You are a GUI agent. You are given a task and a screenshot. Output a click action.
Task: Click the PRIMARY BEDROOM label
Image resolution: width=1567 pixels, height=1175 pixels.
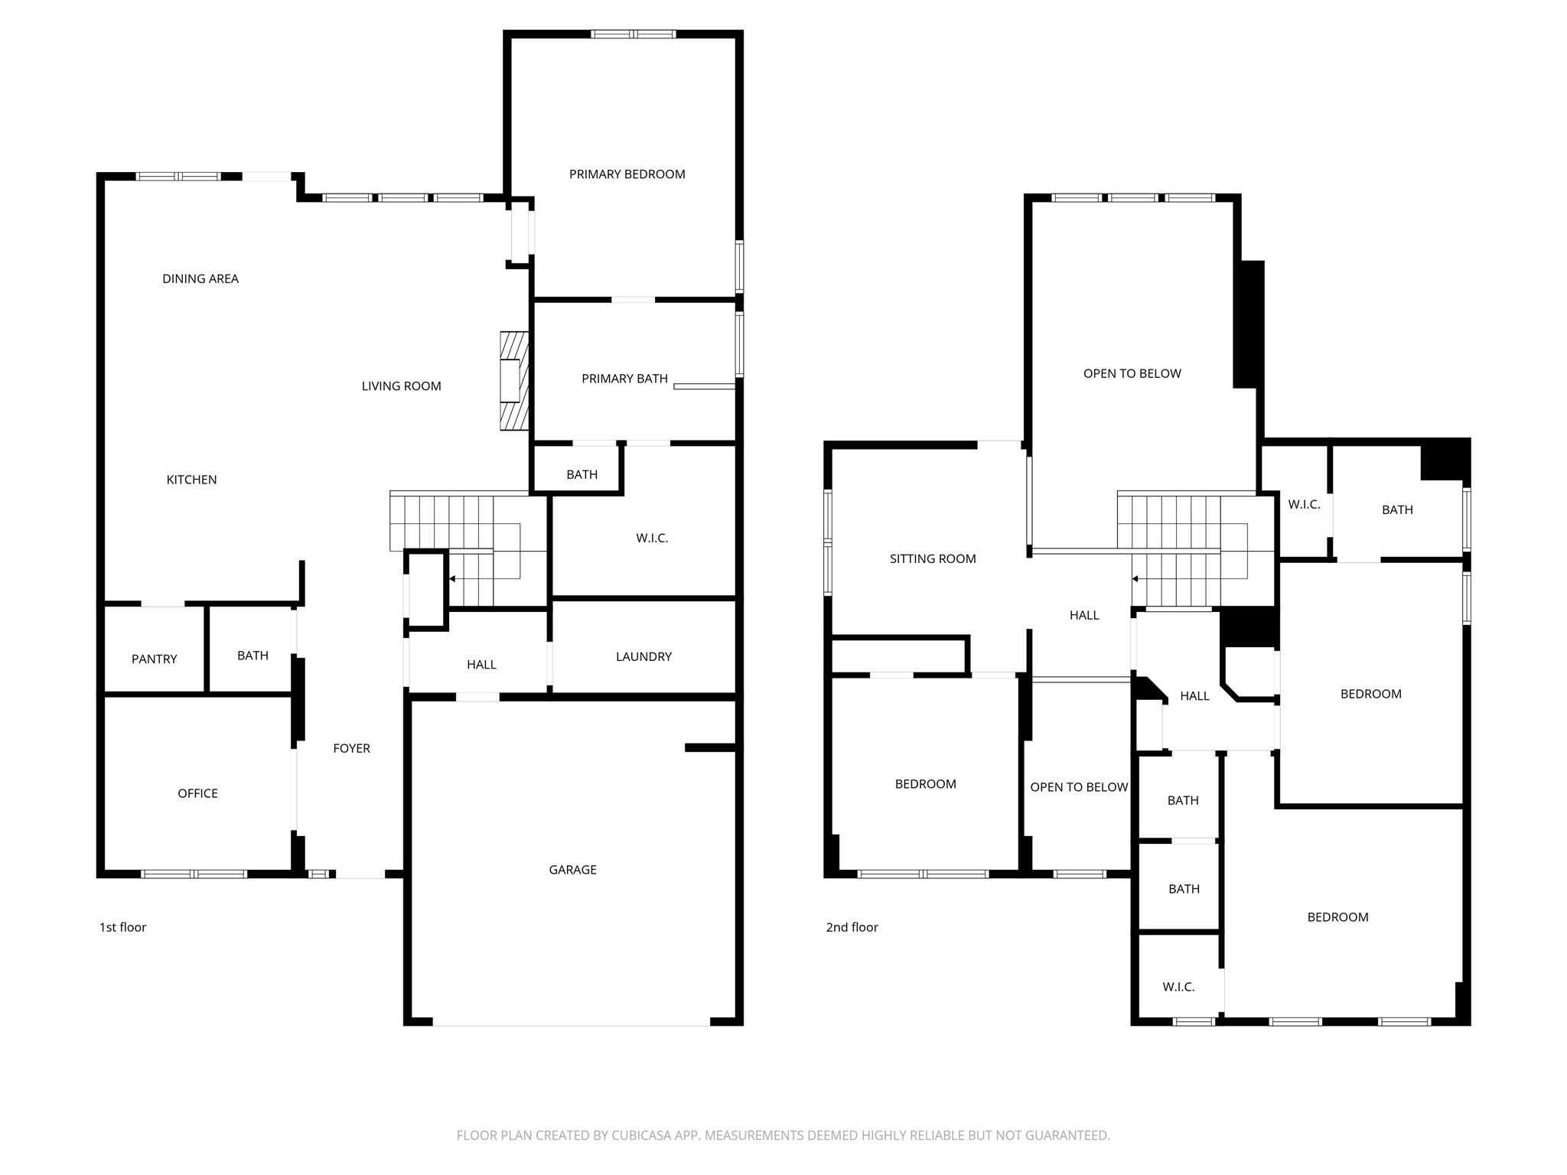click(627, 174)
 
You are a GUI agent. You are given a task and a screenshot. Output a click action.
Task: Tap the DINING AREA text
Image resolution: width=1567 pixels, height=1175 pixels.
click(200, 279)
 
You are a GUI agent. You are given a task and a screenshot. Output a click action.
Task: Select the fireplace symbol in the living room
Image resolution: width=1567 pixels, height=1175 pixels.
click(514, 381)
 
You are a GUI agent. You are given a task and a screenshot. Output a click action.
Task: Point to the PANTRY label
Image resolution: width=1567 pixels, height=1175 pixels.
click(155, 659)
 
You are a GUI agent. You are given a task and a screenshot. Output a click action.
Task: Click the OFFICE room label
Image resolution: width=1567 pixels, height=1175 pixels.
click(197, 794)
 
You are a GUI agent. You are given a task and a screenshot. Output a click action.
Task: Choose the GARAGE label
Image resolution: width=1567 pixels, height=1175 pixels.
click(572, 870)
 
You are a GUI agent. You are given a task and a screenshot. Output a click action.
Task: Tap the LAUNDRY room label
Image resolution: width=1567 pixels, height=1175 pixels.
click(643, 657)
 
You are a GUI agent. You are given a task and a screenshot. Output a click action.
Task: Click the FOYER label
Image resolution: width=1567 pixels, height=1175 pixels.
click(351, 749)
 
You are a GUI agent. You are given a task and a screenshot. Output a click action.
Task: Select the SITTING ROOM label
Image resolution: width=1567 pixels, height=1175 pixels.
click(933, 559)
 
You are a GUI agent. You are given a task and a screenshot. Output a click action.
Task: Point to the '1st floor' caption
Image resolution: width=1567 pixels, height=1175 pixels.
click(122, 927)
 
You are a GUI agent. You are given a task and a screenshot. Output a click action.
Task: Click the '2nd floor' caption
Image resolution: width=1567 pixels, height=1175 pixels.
click(852, 927)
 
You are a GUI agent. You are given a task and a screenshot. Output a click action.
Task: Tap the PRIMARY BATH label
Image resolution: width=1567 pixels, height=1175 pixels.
click(624, 379)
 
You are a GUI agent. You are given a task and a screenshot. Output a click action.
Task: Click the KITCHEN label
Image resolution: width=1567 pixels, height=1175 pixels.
click(191, 480)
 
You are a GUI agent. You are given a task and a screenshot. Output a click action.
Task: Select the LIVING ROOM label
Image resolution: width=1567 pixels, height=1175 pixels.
click(401, 386)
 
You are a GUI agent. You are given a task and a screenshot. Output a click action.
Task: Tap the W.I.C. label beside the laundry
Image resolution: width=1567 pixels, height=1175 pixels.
click(652, 539)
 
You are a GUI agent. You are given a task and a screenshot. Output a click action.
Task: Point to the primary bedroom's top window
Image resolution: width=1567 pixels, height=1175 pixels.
click(634, 34)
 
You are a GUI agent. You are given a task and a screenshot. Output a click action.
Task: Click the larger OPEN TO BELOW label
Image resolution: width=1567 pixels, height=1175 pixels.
click(1132, 374)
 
